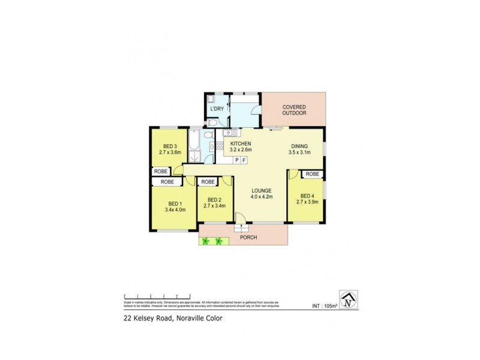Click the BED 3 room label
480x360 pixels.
tap(170, 146)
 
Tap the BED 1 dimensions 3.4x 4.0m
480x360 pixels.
tap(175, 210)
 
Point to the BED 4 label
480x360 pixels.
tap(307, 196)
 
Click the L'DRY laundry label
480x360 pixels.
tap(217, 109)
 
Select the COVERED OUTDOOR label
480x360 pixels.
tap(295, 109)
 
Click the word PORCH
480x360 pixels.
tap(248, 238)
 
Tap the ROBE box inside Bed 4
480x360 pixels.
tap(312, 174)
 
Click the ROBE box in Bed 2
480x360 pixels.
tap(208, 181)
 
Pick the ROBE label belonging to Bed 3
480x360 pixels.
tap(161, 171)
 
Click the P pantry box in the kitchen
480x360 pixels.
tap(237, 160)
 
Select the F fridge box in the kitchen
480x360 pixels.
tap(245, 160)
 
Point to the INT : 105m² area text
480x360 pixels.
tap(325, 305)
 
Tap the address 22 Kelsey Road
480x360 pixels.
tap(144, 319)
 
